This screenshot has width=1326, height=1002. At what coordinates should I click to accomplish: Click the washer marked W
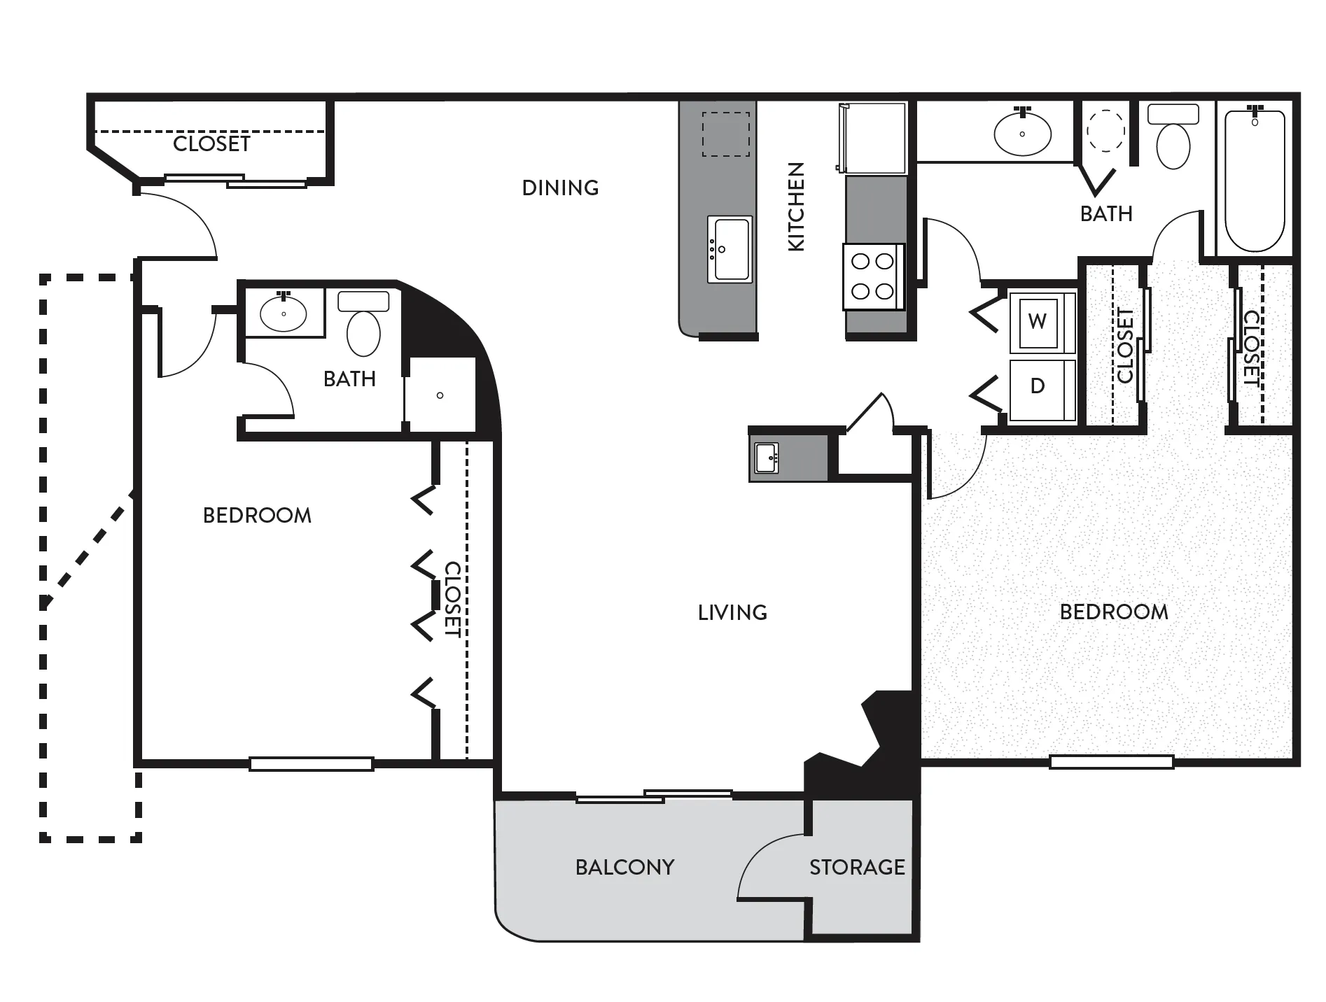[1042, 322]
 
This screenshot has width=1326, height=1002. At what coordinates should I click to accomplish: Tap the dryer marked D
[1042, 390]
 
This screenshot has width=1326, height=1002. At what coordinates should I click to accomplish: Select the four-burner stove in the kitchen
[873, 276]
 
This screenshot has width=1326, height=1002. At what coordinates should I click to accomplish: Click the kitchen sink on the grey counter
[730, 249]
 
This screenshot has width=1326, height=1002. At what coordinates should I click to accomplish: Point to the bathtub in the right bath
[1255, 181]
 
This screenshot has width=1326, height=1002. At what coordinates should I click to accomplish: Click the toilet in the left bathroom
[363, 324]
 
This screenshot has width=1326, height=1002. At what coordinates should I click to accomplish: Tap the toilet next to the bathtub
[1173, 137]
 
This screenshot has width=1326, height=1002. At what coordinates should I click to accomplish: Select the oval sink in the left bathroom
[284, 313]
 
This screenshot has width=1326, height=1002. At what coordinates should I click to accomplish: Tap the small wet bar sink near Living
[767, 458]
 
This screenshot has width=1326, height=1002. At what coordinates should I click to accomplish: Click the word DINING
[561, 188]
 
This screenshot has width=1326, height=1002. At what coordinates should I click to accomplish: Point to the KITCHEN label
[796, 206]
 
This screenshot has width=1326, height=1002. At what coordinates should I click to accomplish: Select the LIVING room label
[732, 613]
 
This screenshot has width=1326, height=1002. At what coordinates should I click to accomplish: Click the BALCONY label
[624, 868]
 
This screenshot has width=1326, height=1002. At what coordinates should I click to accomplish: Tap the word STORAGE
[857, 868]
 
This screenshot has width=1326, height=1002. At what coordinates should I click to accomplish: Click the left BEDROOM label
[257, 516]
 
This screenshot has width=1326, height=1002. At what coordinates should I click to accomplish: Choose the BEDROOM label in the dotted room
[1114, 612]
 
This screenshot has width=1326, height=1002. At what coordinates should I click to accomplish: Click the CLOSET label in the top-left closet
[211, 143]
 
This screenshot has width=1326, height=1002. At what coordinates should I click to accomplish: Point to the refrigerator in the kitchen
[872, 138]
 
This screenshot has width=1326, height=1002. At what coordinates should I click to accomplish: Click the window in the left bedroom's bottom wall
[312, 764]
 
